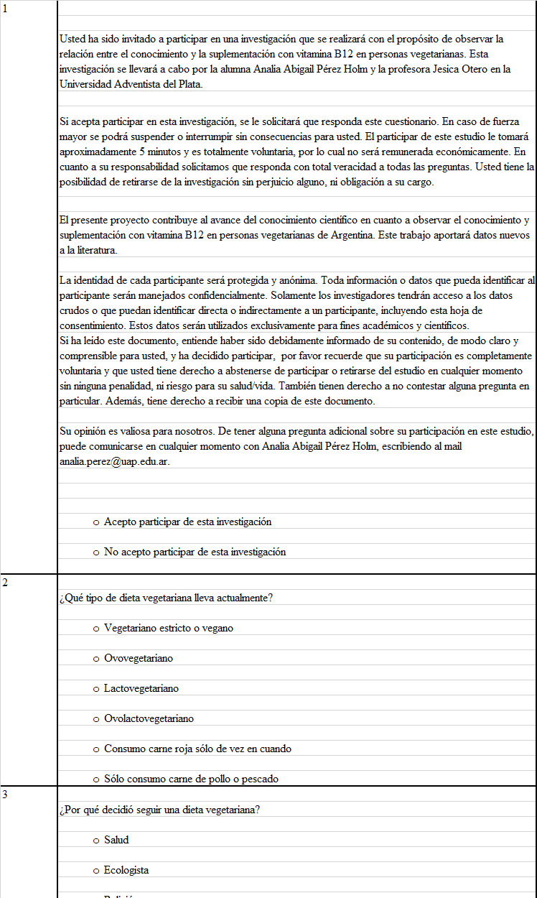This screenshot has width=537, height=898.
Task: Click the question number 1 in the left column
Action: pos(5,9)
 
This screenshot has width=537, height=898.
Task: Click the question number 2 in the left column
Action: pos(5,583)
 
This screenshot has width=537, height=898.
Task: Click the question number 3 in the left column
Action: pos(5,795)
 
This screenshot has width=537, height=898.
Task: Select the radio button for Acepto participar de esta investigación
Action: pos(96,522)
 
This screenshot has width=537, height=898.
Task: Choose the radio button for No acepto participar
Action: pos(96,552)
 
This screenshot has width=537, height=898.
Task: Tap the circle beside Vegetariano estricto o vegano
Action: pos(96,629)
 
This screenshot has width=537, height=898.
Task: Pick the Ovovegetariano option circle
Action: pos(96,659)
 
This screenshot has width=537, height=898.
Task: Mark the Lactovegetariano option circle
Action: pos(96,689)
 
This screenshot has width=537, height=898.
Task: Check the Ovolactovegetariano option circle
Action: pos(96,719)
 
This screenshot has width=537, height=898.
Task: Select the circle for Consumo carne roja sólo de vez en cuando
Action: pos(96,749)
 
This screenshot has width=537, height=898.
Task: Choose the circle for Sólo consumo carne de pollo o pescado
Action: pos(96,779)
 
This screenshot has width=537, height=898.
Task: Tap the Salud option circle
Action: pos(96,841)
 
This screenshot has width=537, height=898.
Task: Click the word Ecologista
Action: pos(126,870)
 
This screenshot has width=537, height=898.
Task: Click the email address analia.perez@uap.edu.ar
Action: pos(113,461)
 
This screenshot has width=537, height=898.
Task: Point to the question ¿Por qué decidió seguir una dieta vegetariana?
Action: pos(159,810)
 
